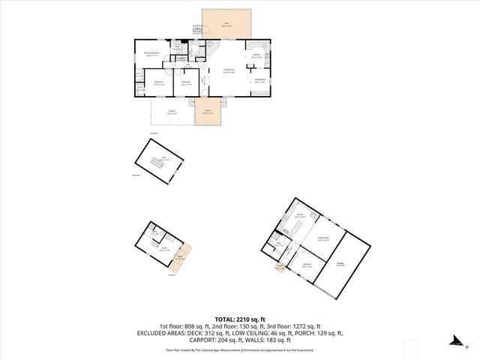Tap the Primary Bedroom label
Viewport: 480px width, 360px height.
tap(152, 54)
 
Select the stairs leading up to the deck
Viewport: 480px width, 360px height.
tap(198, 31)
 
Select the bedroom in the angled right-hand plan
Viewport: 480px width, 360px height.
tap(307, 265)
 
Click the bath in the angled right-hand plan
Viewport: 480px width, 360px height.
tap(279, 243)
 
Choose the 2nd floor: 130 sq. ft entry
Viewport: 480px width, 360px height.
tap(236, 326)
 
